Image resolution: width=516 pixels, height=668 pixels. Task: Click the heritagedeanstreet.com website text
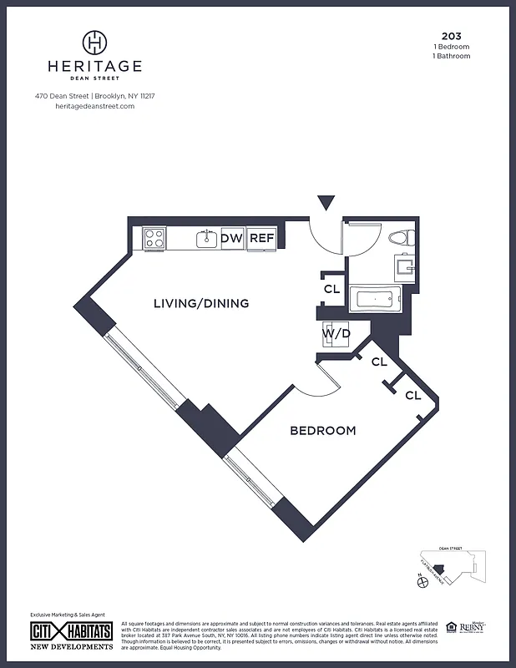(x=94, y=106)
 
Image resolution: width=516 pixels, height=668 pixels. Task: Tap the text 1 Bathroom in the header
(x=451, y=56)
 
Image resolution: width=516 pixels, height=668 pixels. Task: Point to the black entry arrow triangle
(x=326, y=203)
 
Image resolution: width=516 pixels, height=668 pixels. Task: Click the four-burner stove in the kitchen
(x=154, y=238)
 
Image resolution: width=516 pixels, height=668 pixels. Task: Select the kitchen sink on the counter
(x=206, y=239)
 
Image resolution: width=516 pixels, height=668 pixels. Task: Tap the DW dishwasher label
(x=231, y=238)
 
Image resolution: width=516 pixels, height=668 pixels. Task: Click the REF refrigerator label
(x=261, y=238)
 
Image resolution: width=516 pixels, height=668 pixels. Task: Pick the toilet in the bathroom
(x=402, y=237)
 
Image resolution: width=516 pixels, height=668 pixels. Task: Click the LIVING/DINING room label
(x=201, y=303)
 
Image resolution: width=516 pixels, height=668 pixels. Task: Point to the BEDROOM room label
(x=322, y=431)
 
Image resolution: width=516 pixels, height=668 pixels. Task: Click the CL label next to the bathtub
(x=331, y=289)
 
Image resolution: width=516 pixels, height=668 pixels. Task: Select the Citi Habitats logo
(x=71, y=632)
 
